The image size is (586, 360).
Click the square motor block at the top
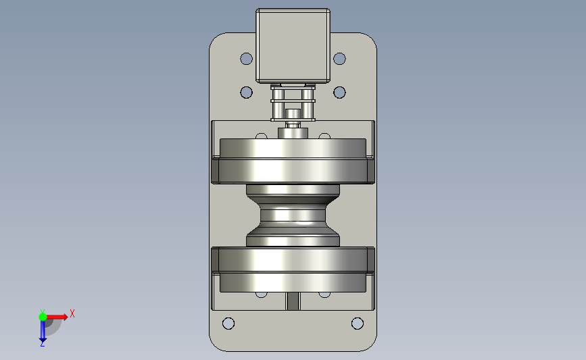click(293, 45)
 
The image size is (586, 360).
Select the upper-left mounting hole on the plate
click(246, 59)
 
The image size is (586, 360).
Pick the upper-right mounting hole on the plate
click(339, 59)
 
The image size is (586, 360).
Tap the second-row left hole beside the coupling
click(246, 93)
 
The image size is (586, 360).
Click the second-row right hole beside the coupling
click(339, 93)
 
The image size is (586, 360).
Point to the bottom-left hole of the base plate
click(228, 324)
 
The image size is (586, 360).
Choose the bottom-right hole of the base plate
click(358, 324)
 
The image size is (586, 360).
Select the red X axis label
click(72, 313)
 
